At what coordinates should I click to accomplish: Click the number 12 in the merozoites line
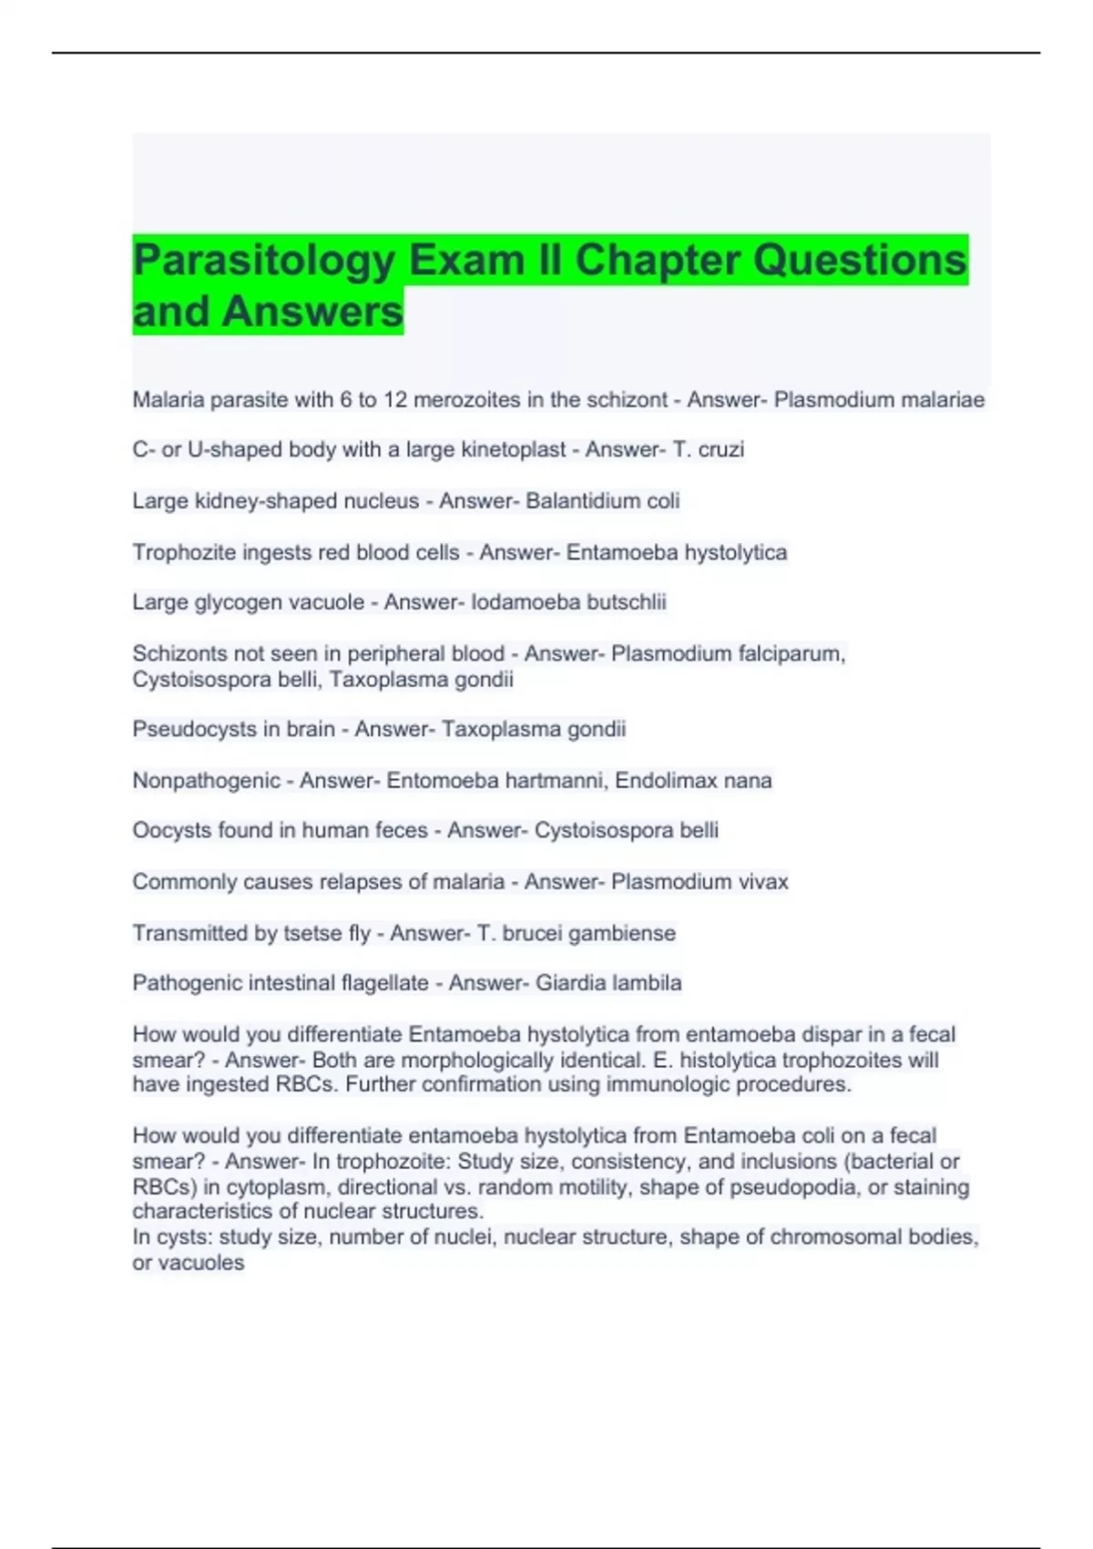pos(396,400)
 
